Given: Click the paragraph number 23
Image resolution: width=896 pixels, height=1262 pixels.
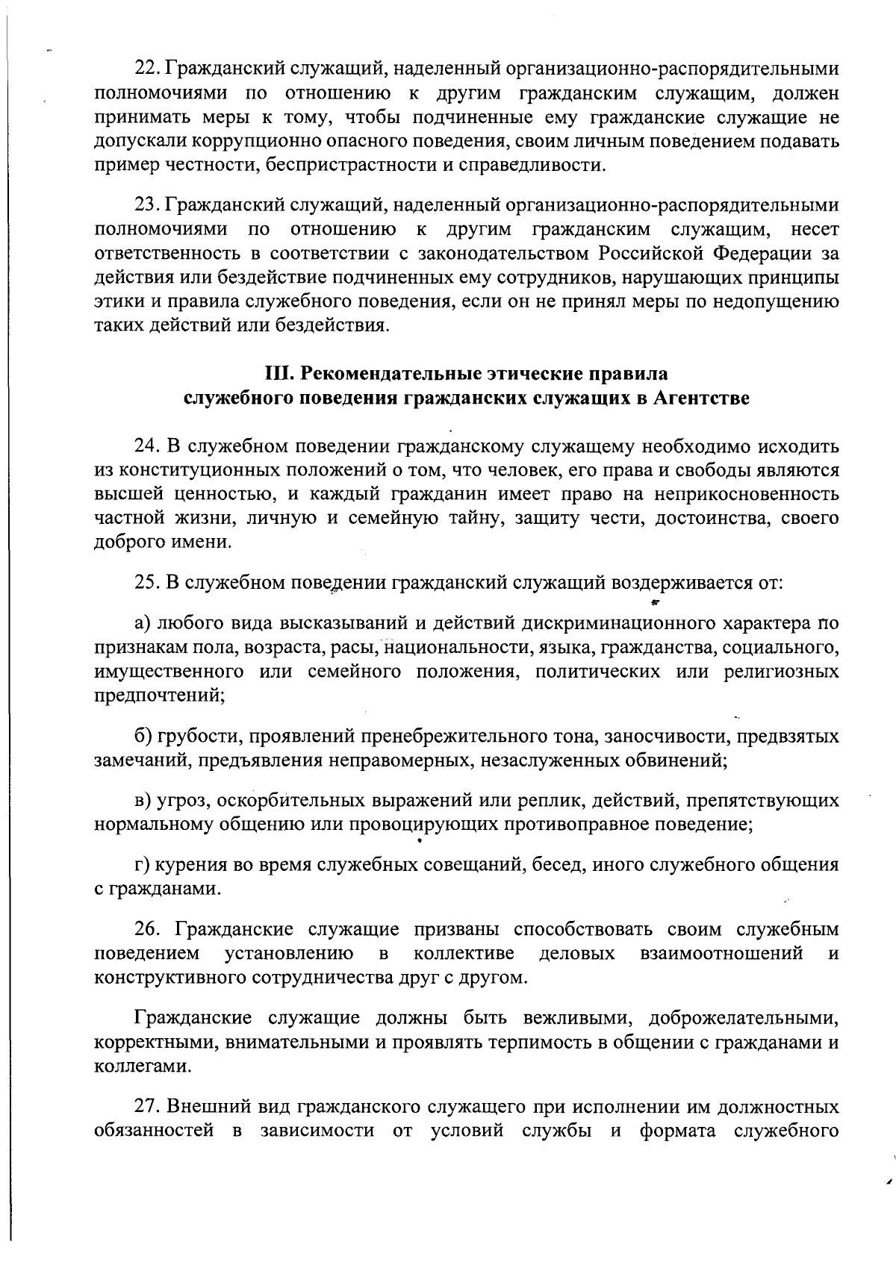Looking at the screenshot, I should [x=146, y=204].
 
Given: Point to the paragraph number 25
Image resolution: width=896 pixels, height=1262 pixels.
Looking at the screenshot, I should [x=147, y=582].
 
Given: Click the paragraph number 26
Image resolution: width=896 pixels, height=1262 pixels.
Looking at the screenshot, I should [x=147, y=930].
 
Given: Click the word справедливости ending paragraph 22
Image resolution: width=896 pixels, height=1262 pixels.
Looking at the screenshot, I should [x=548, y=165].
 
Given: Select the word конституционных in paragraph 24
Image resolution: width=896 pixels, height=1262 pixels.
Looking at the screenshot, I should [x=194, y=471].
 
